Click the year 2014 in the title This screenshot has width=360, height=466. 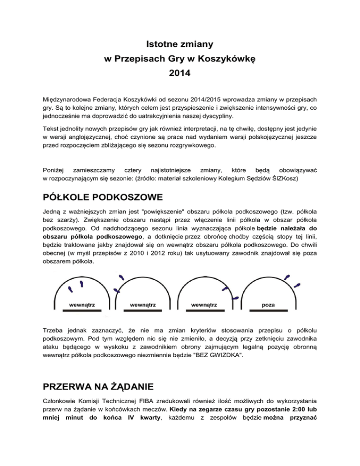(180, 74)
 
